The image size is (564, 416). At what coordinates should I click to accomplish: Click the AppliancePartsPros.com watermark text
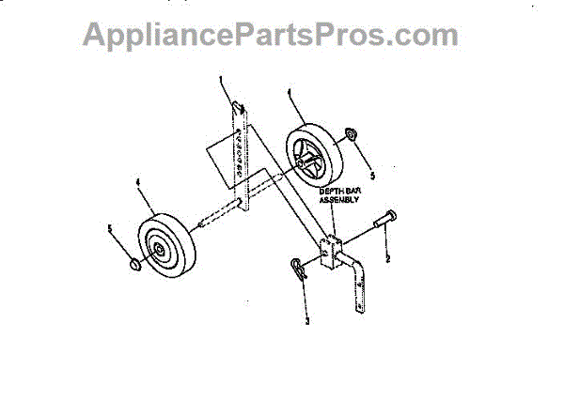pos(271,35)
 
